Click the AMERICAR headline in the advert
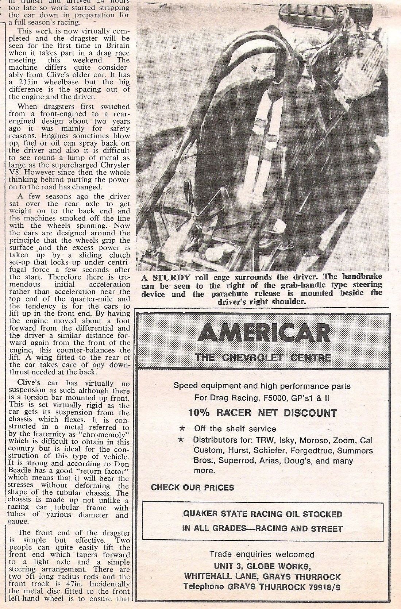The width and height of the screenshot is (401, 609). tap(263, 332)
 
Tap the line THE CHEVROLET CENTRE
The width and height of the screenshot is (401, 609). tap(263, 357)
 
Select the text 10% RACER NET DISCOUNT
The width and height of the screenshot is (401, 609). tap(262, 413)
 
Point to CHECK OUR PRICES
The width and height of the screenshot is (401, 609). tap(192, 487)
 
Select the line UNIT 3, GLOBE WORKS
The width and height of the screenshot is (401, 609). tap(262, 566)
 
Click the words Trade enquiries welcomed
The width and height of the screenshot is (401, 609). tap(262, 555)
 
